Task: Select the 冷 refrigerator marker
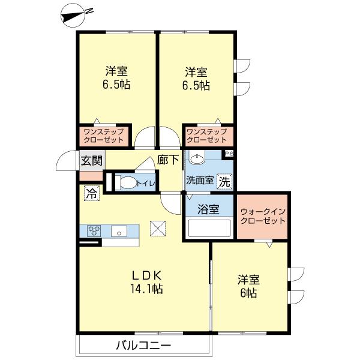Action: (91, 194)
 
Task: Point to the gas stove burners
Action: (94, 230)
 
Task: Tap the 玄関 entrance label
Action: (91, 160)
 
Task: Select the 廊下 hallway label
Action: (169, 160)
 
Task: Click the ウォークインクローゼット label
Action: (263, 216)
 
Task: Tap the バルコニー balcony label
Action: (143, 346)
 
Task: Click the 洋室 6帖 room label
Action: (248, 286)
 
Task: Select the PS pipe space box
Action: (228, 154)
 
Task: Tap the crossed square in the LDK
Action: (157, 229)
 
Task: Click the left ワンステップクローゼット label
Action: (103, 136)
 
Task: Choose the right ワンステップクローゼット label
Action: (206, 136)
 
